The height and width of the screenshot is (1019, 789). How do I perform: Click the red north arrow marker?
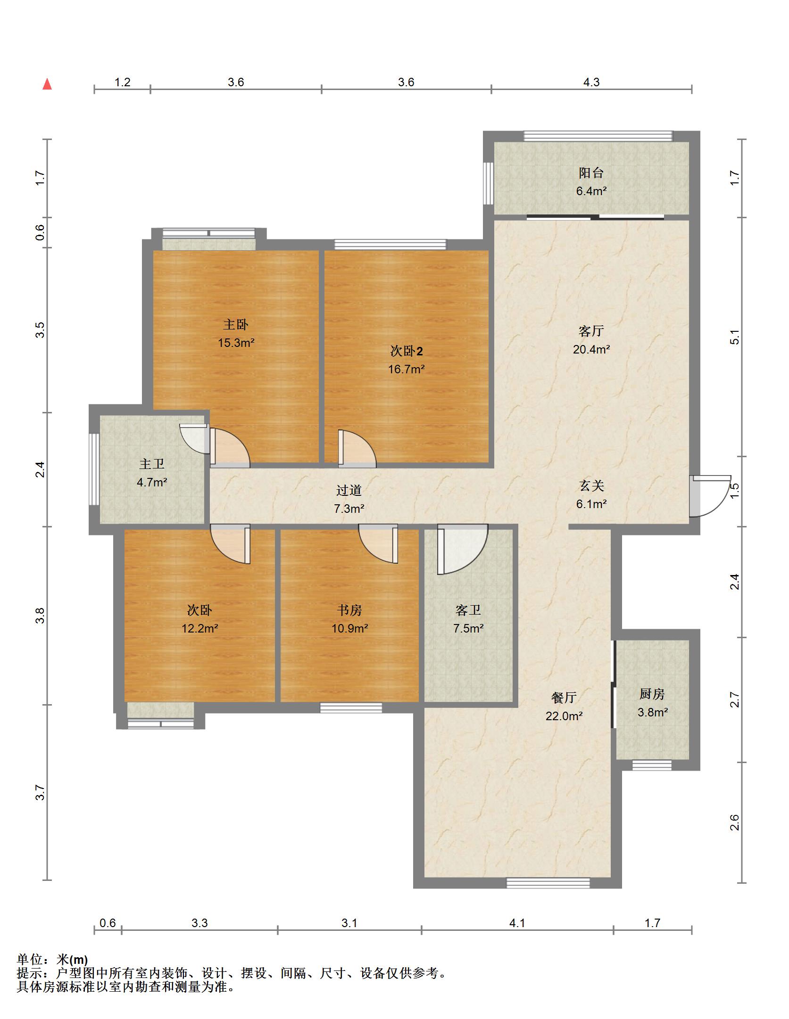(x=47, y=84)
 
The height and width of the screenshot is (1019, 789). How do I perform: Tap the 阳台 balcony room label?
(x=591, y=173)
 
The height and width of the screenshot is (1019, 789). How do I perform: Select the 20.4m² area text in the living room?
(x=591, y=349)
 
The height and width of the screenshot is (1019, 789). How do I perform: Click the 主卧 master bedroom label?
(x=235, y=324)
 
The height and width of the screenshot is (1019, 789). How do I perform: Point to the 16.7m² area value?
(x=406, y=369)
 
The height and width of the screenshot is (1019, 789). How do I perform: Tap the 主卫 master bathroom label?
(x=152, y=464)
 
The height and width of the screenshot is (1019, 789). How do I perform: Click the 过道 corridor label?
(x=349, y=490)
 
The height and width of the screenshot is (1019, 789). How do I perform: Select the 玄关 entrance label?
(x=591, y=485)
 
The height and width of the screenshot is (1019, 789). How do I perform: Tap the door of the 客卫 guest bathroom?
(x=462, y=550)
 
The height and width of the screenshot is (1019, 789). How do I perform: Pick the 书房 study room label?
(x=349, y=610)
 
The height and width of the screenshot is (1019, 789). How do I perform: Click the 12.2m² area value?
(x=200, y=628)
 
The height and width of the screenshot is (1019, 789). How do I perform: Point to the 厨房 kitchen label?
(x=652, y=694)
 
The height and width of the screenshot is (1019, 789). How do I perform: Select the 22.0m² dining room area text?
(x=564, y=716)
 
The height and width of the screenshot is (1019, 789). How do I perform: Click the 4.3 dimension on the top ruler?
(x=591, y=82)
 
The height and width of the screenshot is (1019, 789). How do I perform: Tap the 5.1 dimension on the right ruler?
(x=735, y=337)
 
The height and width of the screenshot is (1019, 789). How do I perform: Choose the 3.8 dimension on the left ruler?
(x=40, y=616)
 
